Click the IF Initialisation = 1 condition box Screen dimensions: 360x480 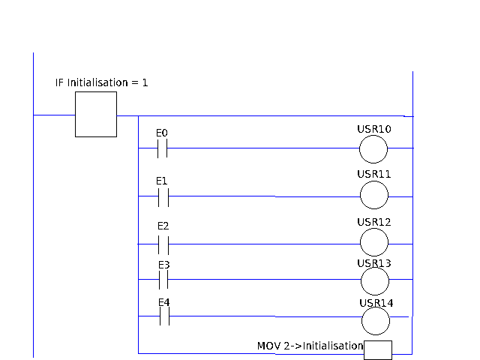pyautogui.click(x=96, y=115)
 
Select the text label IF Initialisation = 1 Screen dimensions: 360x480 pyautogui.click(x=101, y=82)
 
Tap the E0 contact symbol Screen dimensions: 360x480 pyautogui.click(x=162, y=149)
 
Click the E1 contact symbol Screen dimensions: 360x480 pyautogui.click(x=163, y=197)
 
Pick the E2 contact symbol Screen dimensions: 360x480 pyautogui.click(x=163, y=244)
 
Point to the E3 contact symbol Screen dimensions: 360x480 pyautogui.click(x=163, y=280)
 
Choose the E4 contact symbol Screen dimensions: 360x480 pyautogui.click(x=163, y=317)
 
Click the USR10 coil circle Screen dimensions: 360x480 pyautogui.click(x=373, y=149)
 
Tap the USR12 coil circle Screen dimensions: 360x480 pyautogui.click(x=374, y=243)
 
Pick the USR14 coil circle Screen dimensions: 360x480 pyautogui.click(x=376, y=321)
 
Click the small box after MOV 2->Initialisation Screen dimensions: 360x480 pyautogui.click(x=378, y=349)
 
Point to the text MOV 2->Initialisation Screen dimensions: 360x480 pyautogui.click(x=310, y=346)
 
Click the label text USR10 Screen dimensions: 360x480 pyautogui.click(x=373, y=129)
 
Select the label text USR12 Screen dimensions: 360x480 pyautogui.click(x=374, y=223)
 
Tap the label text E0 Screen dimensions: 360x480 pyautogui.click(x=161, y=133)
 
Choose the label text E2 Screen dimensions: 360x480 pyautogui.click(x=163, y=226)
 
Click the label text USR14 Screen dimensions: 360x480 pyautogui.click(x=376, y=303)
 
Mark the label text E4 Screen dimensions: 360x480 pyautogui.click(x=163, y=302)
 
